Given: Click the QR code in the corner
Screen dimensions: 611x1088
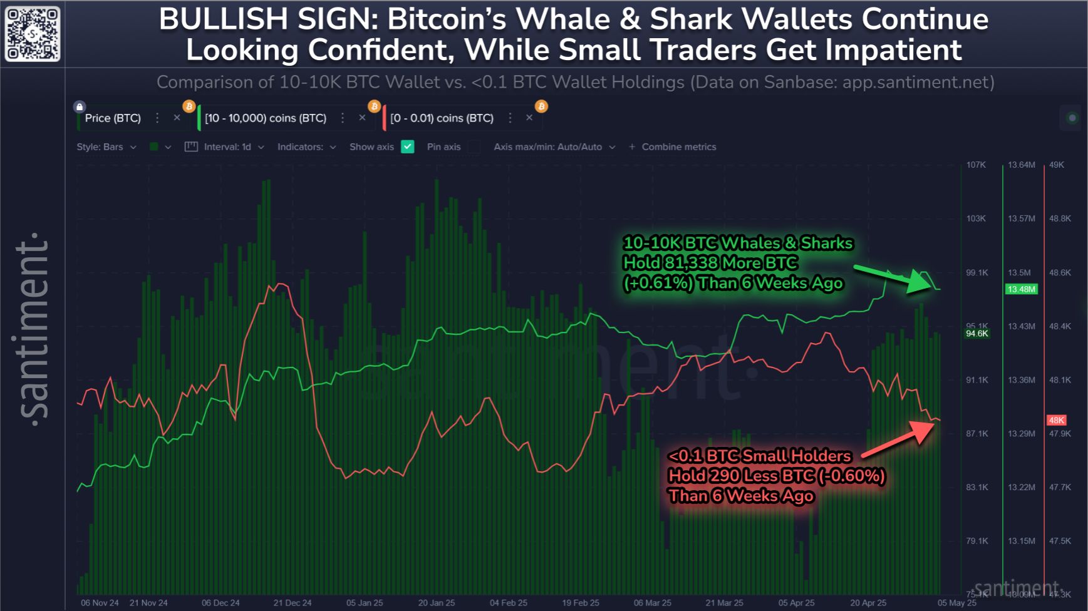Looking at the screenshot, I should (x=33, y=34).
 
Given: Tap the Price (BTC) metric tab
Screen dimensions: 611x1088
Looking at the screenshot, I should (x=113, y=118).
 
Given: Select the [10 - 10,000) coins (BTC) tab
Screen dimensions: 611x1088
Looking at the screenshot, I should (x=266, y=118).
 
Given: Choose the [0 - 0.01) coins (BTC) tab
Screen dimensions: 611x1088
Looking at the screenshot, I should (x=442, y=118).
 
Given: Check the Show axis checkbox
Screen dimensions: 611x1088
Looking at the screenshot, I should (x=408, y=146).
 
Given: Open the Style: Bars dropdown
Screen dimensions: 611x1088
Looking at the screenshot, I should (x=106, y=146).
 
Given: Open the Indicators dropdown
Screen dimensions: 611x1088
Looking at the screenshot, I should (x=306, y=146).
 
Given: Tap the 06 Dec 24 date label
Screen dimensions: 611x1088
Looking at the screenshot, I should (x=220, y=603).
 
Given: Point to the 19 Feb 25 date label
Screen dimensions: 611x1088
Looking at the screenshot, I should (x=581, y=603).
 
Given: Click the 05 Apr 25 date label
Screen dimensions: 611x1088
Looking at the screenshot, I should (x=797, y=603).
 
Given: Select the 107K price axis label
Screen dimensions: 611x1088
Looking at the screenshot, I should (x=976, y=165).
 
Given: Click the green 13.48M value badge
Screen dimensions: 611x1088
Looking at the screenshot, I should (x=1021, y=289).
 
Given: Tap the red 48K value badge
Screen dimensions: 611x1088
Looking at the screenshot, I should (x=1056, y=420).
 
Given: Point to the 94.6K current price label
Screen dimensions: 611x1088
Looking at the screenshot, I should (x=977, y=334).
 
